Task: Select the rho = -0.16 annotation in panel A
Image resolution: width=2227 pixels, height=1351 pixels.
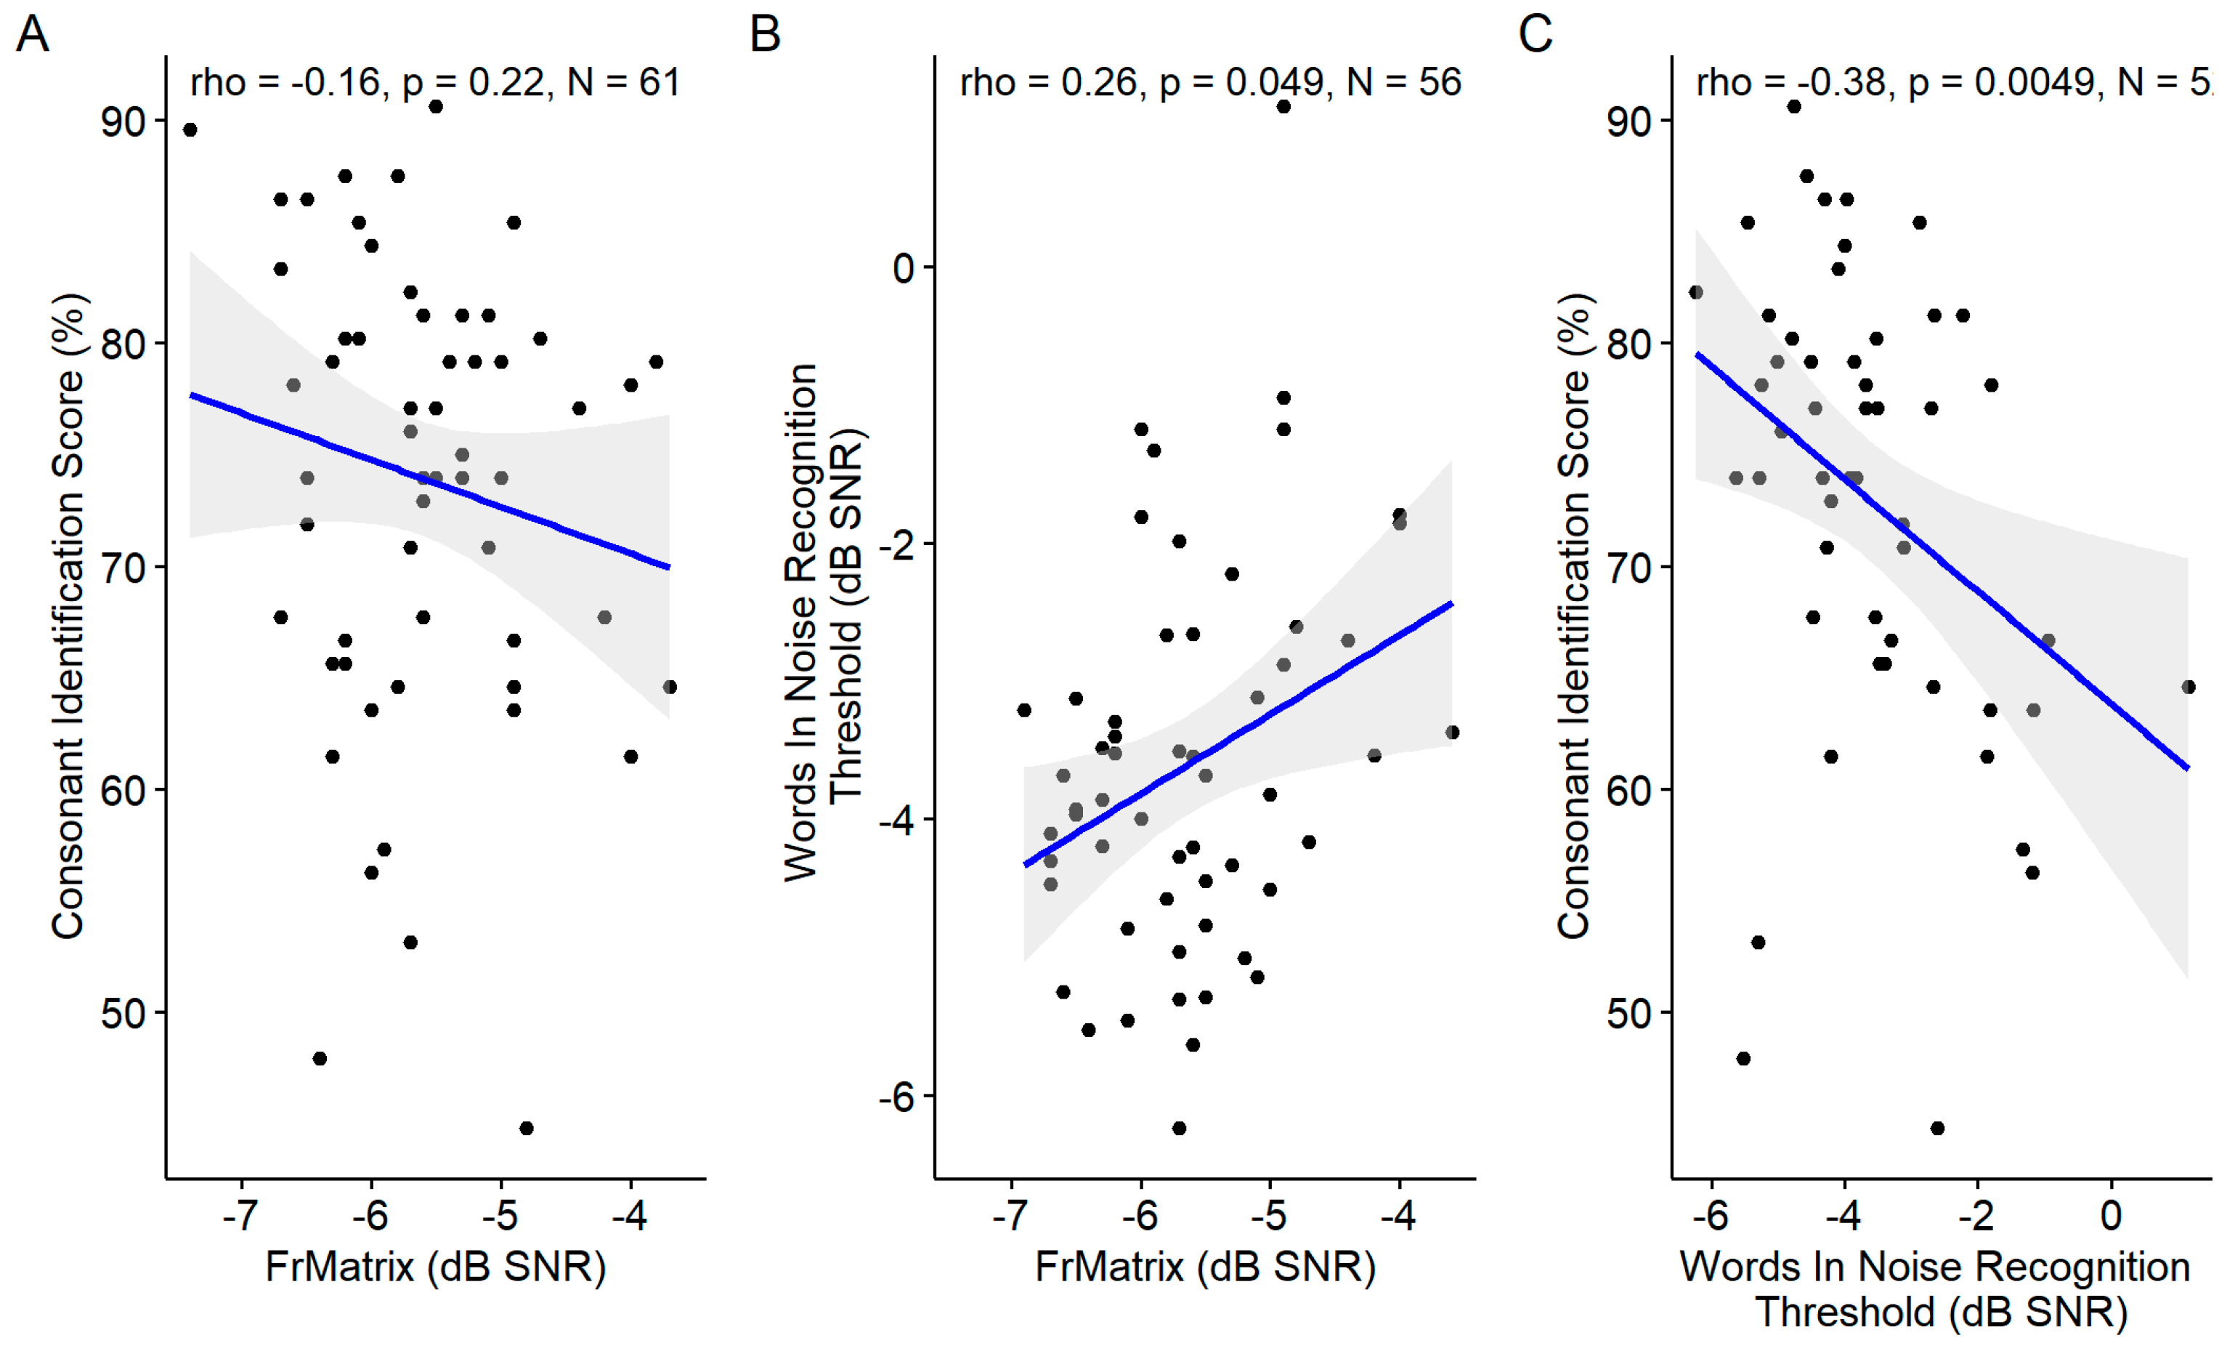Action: pyautogui.click(x=434, y=82)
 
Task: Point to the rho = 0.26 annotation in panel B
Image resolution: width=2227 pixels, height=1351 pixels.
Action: pyautogui.click(x=1209, y=82)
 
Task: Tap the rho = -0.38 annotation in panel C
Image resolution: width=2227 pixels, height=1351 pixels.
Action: pyautogui.click(x=1952, y=82)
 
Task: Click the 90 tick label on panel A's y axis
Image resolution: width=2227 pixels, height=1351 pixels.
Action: pyautogui.click(x=123, y=121)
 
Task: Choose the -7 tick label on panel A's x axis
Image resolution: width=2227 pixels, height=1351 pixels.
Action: pyautogui.click(x=241, y=1217)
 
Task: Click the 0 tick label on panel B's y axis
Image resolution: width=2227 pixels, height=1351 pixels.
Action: pyautogui.click(x=903, y=267)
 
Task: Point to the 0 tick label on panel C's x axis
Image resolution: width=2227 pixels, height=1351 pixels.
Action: pyautogui.click(x=2112, y=1217)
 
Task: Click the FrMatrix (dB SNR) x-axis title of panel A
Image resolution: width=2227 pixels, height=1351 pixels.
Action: pyautogui.click(x=435, y=1267)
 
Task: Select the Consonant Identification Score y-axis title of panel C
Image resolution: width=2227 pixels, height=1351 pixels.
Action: pyautogui.click(x=1573, y=615)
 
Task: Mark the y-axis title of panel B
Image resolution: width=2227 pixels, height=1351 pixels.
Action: pyautogui.click(x=822, y=622)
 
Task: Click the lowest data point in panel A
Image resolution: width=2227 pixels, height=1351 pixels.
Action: pyautogui.click(x=526, y=1129)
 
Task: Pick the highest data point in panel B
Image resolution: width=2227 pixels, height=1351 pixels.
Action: pyautogui.click(x=1283, y=107)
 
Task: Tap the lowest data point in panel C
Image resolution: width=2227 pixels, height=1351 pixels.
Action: pyautogui.click(x=1937, y=1129)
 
